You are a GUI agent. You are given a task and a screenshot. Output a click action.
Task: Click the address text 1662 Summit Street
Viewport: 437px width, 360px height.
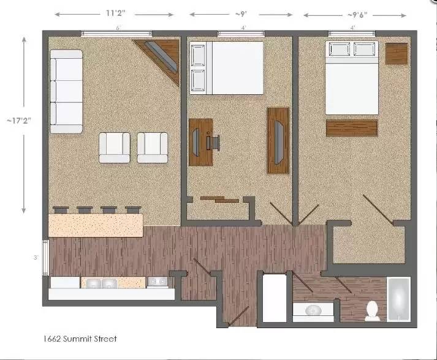80,338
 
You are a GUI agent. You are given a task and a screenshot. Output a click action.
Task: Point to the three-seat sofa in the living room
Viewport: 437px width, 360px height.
66,92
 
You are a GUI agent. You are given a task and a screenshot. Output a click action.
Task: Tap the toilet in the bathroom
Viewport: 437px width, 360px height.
372,310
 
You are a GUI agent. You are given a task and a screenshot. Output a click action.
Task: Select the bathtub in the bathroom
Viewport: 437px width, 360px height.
399,299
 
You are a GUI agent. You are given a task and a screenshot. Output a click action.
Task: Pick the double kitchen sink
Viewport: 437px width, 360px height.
101,283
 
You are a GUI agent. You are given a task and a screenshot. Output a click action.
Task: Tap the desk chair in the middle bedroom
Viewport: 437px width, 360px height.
215,142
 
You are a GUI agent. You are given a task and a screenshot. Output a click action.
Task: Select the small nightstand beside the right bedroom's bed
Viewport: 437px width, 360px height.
397,53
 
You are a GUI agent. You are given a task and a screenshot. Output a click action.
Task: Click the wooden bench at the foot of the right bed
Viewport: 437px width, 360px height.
352,128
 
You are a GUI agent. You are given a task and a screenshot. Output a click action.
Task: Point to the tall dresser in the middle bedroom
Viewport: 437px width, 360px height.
278,141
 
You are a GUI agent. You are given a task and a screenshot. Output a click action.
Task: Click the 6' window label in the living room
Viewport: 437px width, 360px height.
118,28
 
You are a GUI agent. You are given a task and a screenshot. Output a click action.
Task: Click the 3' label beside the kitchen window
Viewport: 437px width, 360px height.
36,258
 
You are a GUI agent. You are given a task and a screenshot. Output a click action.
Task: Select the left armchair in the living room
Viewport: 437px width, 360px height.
115,148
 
